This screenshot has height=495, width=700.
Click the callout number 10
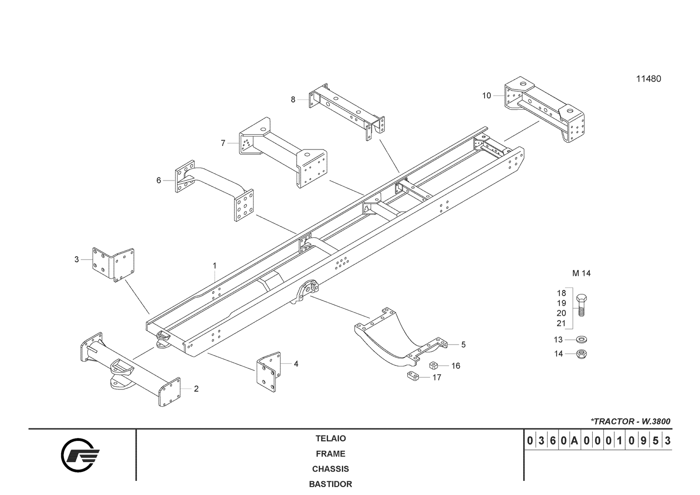point(486,95)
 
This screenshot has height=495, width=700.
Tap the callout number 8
point(293,99)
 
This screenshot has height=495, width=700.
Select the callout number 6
point(159,181)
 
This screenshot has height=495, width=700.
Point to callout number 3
point(77,259)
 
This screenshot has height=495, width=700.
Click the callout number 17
point(437,377)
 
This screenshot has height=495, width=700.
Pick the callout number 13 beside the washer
point(558,340)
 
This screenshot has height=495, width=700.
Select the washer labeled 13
point(581,340)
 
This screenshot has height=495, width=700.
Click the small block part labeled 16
point(434,365)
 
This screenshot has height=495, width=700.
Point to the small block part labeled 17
point(413,376)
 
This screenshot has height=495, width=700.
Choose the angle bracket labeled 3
point(113,264)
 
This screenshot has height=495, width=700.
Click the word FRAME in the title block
point(330,454)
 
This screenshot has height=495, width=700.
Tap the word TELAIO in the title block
point(330,439)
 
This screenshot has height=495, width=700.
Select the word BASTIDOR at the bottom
point(330,484)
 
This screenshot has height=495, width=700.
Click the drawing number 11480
point(648,79)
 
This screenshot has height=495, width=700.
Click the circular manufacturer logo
point(80,455)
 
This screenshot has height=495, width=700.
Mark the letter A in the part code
point(574,441)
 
